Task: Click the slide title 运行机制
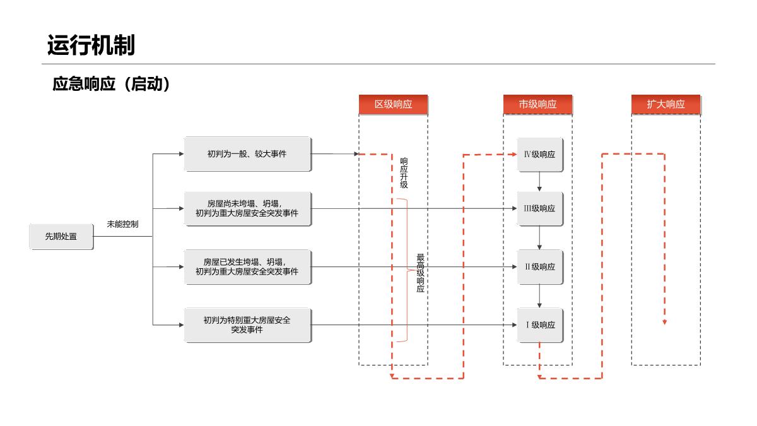(x=91, y=45)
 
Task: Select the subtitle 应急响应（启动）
(x=111, y=84)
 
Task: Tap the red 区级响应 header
(x=394, y=105)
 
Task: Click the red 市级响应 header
(x=537, y=105)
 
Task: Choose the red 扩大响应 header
(x=666, y=105)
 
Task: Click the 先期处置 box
(x=61, y=236)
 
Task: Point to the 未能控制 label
(x=122, y=224)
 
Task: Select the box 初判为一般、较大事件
(x=248, y=154)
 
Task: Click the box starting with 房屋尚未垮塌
(x=248, y=209)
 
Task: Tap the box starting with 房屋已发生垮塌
(x=248, y=267)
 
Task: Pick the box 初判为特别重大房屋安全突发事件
(x=248, y=325)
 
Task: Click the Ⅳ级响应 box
(x=540, y=155)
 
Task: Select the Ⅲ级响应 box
(x=540, y=209)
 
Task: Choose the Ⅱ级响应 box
(x=540, y=267)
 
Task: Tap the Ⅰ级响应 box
(x=540, y=325)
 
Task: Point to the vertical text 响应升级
(x=404, y=173)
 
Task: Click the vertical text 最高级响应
(x=420, y=273)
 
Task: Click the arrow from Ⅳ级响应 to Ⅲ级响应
(x=539, y=182)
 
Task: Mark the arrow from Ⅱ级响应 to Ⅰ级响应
(x=539, y=296)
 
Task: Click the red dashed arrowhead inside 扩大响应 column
(x=665, y=322)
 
